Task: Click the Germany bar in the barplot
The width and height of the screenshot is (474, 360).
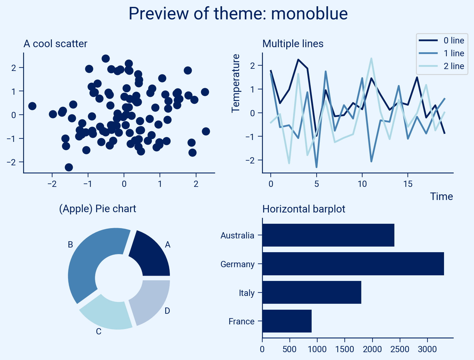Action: point(353,264)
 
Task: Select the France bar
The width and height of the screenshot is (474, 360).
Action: point(287,321)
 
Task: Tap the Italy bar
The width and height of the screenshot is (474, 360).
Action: point(312,292)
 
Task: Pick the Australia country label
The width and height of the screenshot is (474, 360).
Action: point(237,235)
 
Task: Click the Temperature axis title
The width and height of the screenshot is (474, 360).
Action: point(236,83)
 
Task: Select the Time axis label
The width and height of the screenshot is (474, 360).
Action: point(441,197)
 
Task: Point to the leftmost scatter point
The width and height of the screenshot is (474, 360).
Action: point(32,106)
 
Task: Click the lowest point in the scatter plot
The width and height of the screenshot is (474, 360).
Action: point(69,167)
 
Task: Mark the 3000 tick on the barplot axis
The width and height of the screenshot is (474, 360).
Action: point(427,349)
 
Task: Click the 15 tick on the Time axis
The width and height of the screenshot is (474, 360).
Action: point(408,184)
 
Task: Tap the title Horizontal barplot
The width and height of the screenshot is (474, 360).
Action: point(304,209)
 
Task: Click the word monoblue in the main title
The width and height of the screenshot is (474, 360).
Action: point(309,14)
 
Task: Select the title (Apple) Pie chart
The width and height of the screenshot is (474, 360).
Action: point(97,208)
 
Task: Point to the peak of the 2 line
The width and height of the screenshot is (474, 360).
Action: point(371,58)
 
